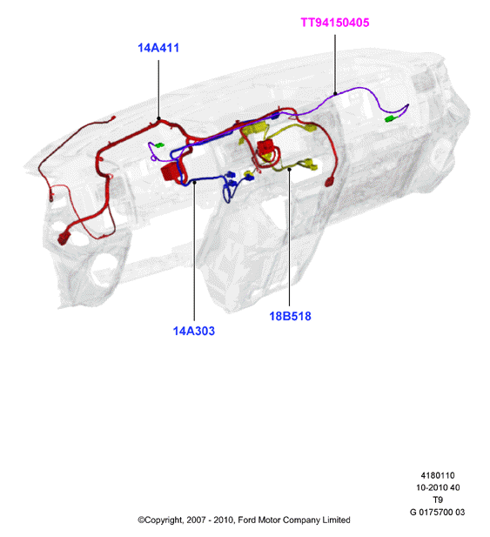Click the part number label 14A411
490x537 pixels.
click(158, 48)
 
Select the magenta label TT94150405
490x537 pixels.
click(335, 23)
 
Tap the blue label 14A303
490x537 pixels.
click(194, 331)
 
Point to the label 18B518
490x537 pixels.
click(290, 316)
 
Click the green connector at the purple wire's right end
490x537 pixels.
click(390, 119)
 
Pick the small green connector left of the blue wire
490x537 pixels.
click(159, 145)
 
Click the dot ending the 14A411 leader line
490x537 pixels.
click(158, 118)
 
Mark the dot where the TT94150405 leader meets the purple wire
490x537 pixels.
click(335, 93)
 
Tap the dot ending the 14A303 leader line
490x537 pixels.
click(194, 182)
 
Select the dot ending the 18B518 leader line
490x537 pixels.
click(289, 169)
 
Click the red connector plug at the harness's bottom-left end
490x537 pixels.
click(64, 238)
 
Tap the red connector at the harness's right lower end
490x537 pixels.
click(329, 182)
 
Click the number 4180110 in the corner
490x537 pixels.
click(438, 475)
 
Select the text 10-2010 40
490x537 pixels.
click(438, 487)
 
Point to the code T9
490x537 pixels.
click(438, 500)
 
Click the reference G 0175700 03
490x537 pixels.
click(437, 512)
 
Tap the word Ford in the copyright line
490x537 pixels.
click(246, 520)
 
